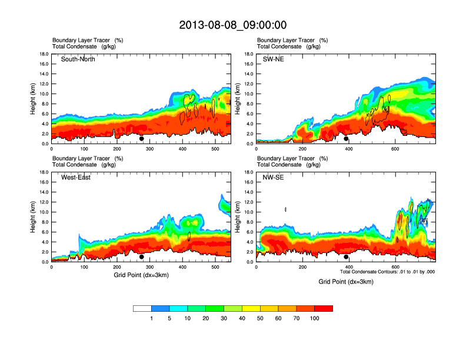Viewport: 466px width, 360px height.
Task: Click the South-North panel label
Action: pyautogui.click(x=78, y=59)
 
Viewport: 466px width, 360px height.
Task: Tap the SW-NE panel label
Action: pyautogui.click(x=272, y=59)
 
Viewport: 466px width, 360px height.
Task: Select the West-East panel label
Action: pyautogui.click(x=76, y=178)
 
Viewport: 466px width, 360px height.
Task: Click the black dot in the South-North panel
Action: pyautogui.click(x=141, y=139)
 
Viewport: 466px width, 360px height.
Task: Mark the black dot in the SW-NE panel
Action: pyautogui.click(x=346, y=139)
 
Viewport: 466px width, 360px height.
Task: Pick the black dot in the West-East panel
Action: pyautogui.click(x=141, y=257)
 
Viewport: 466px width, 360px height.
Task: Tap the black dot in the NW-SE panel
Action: pyautogui.click(x=346, y=257)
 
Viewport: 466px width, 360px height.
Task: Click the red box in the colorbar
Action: pyautogui.click(x=324, y=308)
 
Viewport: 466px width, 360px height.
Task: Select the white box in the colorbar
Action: pyautogui.click(x=142, y=308)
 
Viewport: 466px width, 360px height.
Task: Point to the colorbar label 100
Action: pyautogui.click(x=315, y=318)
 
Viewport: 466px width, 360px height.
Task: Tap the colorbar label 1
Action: pyautogui.click(x=152, y=318)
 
